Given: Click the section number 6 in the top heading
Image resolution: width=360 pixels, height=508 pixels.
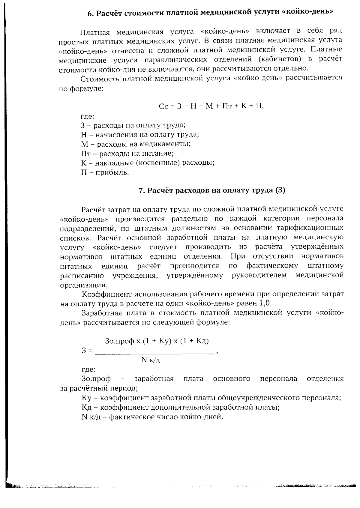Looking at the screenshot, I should click(89, 13).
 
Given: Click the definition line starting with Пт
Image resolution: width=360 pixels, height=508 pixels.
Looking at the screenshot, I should click(127, 154).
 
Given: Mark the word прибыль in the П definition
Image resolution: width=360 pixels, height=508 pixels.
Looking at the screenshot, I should click(112, 173).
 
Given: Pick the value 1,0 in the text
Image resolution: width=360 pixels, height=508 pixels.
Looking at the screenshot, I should click(265, 303).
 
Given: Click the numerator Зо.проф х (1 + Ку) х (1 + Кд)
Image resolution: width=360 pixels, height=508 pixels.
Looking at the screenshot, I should click(157, 341).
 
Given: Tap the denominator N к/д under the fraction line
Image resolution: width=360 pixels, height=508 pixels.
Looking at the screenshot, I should click(150, 360).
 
